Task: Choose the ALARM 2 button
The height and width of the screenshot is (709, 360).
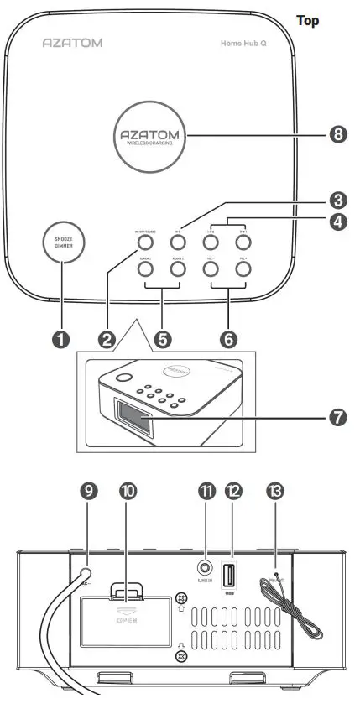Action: [177, 270]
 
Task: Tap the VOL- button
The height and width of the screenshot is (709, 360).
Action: [211, 270]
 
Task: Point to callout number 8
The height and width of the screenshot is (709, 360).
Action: [337, 135]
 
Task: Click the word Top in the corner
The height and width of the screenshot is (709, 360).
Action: [308, 20]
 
